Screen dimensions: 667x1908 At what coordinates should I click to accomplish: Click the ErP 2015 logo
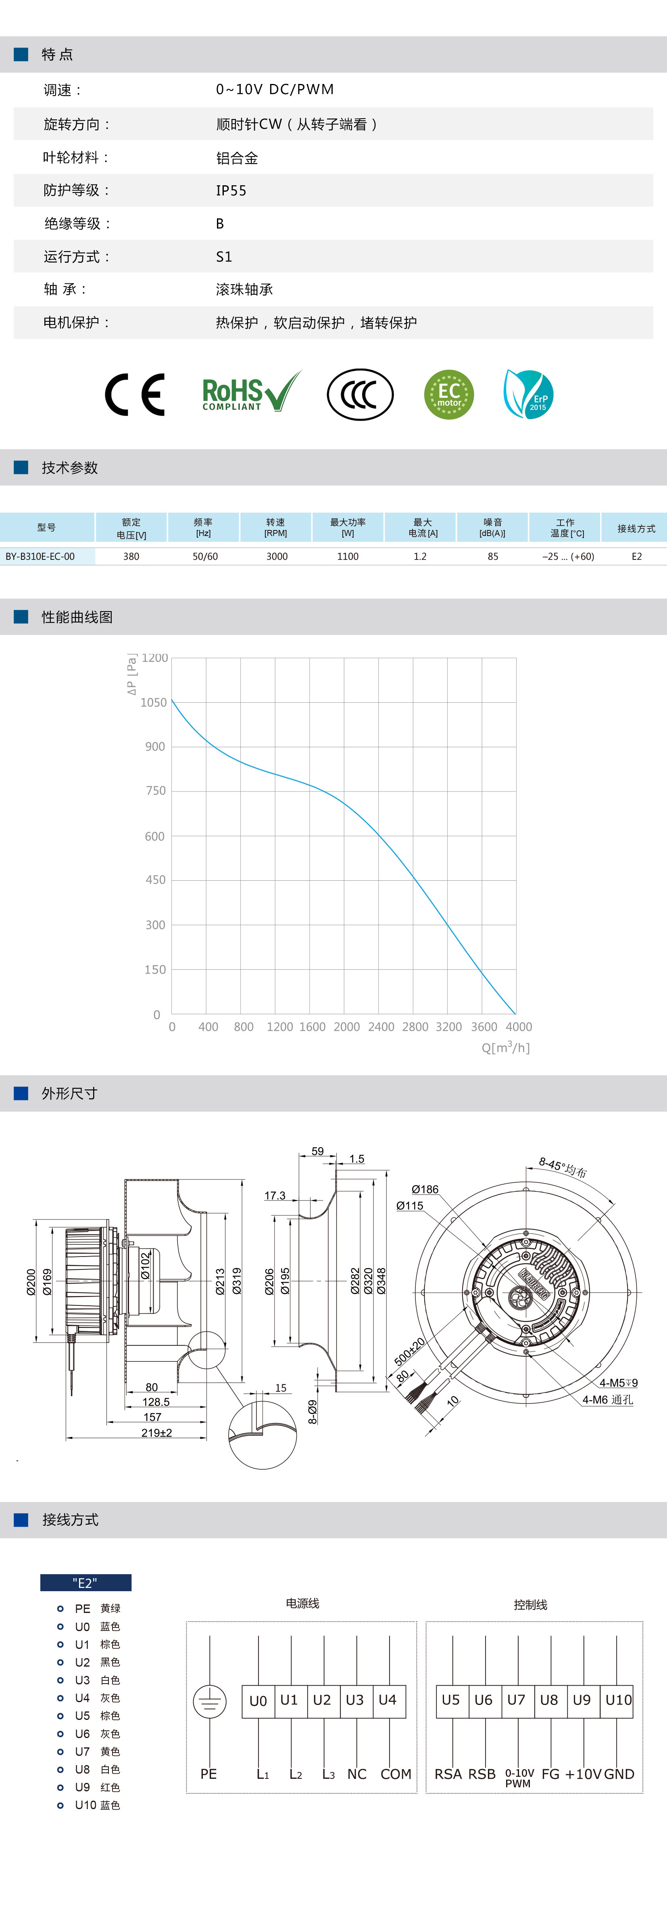(528, 394)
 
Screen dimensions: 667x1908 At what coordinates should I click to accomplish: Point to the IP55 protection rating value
(231, 191)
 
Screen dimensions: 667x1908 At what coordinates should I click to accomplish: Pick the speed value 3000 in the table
(277, 556)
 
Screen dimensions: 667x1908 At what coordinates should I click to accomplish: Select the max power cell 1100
(348, 556)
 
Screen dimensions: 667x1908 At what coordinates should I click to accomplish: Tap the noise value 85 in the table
(493, 556)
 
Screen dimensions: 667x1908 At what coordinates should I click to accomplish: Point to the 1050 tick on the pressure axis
(154, 702)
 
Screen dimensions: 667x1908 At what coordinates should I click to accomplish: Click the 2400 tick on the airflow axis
(381, 1026)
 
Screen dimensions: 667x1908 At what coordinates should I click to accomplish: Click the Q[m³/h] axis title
(506, 1047)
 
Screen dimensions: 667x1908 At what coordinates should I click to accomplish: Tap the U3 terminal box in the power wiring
(354, 1700)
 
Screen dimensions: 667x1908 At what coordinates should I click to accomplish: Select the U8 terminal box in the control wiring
(548, 1700)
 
